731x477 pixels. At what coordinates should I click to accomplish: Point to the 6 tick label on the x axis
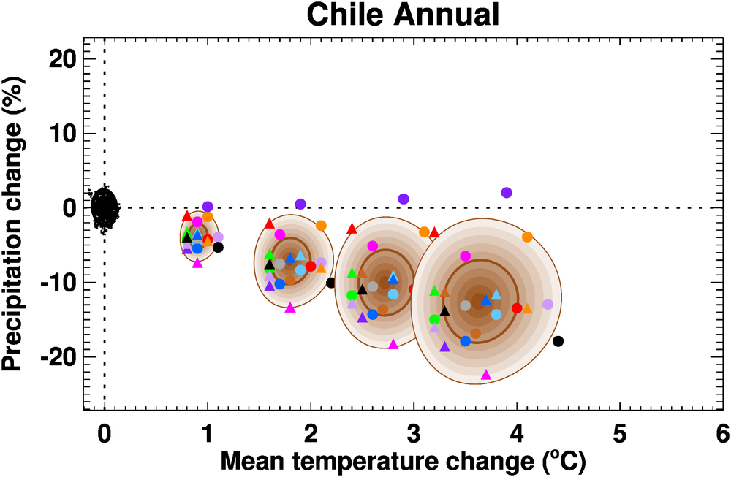point(722,433)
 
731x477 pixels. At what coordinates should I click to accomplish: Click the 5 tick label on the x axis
point(619,433)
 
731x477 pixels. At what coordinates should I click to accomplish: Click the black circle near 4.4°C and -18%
point(558,341)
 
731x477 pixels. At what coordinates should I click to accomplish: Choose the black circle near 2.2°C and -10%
point(331,283)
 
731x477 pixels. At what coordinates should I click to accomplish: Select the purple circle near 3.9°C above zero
point(507,193)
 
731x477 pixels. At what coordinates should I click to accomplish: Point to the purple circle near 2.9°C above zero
point(404,199)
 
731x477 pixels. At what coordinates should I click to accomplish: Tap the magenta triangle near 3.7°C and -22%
point(486,375)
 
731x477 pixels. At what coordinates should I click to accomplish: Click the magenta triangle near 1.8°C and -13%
point(290,308)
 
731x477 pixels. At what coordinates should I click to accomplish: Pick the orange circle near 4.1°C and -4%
point(527,237)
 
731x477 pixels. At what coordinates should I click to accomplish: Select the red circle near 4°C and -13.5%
point(517,308)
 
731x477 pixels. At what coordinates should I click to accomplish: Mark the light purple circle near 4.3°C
point(548,304)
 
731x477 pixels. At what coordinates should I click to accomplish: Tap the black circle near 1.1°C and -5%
point(218,247)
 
